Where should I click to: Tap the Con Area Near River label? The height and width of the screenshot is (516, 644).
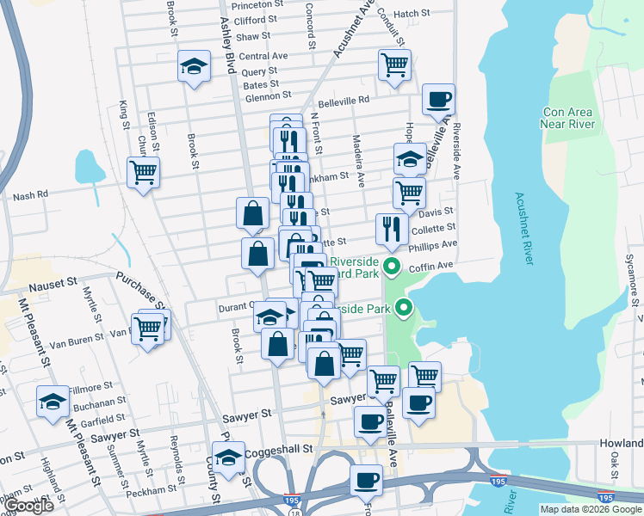point(569,118)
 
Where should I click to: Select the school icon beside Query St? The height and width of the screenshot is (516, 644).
point(195,65)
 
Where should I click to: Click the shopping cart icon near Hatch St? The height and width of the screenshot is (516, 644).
point(394,63)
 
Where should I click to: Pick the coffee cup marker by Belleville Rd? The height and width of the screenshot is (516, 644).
point(438,100)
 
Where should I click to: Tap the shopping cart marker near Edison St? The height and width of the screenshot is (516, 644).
point(143,171)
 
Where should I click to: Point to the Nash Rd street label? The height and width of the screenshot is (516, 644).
point(30,196)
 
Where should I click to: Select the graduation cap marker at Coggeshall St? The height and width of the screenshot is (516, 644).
point(228,457)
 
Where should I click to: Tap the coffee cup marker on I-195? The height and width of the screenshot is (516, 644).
point(366,479)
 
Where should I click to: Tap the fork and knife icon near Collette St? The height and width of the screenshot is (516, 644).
point(392,228)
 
